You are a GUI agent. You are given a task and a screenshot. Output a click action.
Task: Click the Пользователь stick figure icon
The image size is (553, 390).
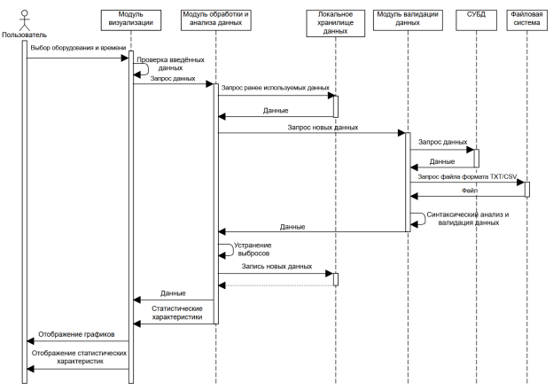pos(24,20)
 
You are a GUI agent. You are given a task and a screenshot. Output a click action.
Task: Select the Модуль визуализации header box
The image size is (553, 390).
pos(131,20)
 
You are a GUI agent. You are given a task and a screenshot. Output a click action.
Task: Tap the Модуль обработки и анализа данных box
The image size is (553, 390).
pos(216,20)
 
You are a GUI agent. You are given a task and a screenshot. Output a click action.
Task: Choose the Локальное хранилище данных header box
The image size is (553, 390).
pos(335,23)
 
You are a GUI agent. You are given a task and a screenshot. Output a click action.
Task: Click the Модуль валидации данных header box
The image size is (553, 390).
pos(408,20)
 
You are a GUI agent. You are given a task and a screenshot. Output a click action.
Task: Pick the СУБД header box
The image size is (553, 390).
pos(476,20)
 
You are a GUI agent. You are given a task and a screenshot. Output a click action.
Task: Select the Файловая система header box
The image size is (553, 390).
pos(527,20)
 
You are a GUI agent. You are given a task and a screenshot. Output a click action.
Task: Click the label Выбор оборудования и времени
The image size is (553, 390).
pos(78,48)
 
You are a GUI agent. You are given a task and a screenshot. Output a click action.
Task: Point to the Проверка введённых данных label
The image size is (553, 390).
pos(171,64)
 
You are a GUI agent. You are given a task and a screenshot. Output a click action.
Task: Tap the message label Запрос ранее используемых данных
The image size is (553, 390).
pos(275,88)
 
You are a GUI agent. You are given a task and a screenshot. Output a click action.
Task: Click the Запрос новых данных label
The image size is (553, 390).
pos(323,128)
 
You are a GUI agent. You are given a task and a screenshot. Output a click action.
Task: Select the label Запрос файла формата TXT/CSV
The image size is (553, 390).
pos(467,176)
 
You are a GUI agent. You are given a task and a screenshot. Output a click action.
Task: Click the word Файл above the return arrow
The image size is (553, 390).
pos(470,191)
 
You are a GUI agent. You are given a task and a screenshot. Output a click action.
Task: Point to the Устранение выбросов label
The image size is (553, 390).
pos(253,249)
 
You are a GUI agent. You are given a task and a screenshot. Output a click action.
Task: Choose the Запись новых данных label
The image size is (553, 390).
pos(276,266)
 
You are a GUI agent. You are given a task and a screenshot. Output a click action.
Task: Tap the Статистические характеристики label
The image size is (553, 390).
pos(177,312)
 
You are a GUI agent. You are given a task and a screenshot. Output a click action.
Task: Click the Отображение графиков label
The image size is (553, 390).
pos(76,334)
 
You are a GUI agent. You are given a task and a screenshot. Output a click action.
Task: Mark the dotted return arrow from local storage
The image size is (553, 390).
pos(276,285)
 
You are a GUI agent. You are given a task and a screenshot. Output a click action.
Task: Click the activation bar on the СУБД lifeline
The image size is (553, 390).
pos(476,159)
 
